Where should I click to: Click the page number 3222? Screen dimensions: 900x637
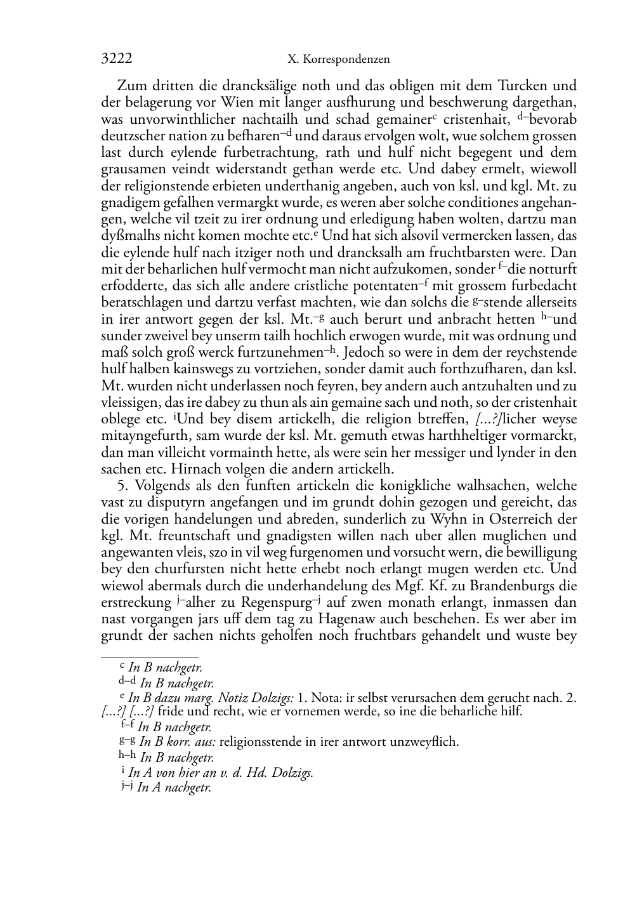(117, 59)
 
